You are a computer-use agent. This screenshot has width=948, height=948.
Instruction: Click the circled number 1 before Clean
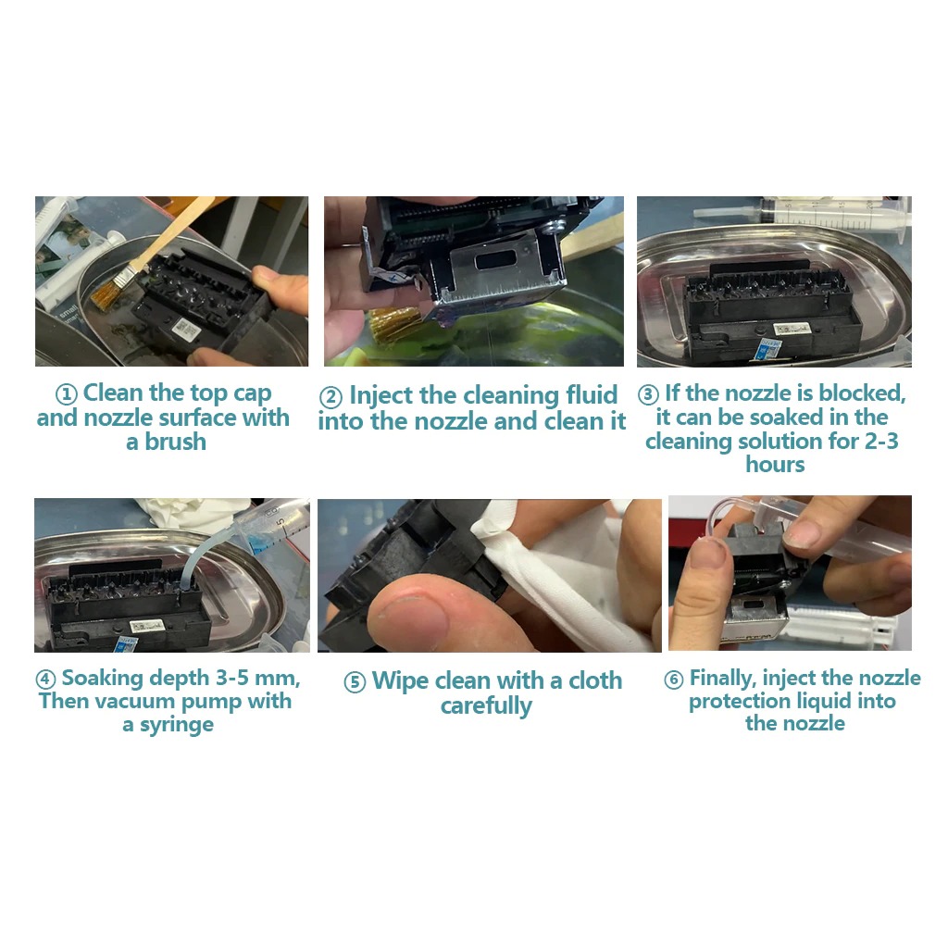point(67,394)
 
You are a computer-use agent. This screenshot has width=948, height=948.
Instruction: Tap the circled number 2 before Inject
point(331,398)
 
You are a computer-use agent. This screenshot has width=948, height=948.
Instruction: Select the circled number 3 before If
point(648,394)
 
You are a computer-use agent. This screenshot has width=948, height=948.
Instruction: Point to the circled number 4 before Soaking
point(46,680)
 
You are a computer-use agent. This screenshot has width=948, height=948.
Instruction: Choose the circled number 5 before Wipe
point(355,682)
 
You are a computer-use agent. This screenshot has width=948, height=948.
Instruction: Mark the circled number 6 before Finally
point(674,680)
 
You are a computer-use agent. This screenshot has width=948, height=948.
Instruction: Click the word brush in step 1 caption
point(175,442)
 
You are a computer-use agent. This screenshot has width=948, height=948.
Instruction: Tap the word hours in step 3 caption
point(775,465)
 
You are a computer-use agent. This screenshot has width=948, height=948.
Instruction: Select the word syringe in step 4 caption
point(177,725)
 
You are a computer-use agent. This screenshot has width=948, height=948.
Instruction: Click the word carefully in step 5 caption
point(486,705)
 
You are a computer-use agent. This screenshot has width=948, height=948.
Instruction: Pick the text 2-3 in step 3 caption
point(881,441)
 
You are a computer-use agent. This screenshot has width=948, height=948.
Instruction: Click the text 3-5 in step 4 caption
point(232,678)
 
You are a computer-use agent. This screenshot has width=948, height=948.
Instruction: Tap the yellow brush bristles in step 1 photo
point(108,292)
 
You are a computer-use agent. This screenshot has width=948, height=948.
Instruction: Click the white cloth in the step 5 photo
point(562,574)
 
